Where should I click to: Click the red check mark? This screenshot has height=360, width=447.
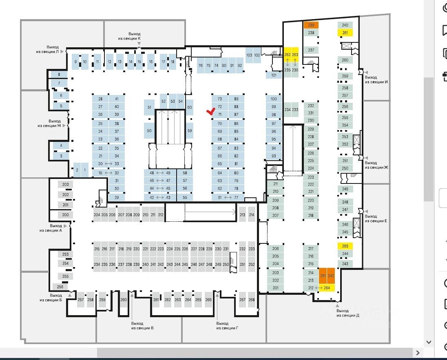(211, 111)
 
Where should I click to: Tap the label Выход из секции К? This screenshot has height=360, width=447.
(134, 36)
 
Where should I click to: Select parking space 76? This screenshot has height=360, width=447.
(200, 66)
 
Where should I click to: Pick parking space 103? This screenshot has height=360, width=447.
(249, 55)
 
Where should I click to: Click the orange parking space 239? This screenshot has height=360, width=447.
(311, 25)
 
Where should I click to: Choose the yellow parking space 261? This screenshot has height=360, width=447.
(345, 33)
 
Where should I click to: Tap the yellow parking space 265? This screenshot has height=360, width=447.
(345, 246)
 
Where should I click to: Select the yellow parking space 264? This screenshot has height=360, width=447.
(327, 288)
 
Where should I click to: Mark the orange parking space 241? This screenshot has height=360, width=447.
(323, 276)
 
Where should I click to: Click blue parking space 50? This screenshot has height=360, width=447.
(149, 130)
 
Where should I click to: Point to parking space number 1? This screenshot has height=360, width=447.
(85, 170)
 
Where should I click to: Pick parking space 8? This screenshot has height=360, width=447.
(59, 75)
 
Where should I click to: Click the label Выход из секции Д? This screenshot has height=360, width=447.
(347, 313)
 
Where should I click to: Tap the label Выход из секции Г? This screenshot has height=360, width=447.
(227, 325)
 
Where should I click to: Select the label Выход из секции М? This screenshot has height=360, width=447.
(55, 123)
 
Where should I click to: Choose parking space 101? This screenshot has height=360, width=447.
(274, 75)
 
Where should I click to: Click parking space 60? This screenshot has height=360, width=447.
(190, 108)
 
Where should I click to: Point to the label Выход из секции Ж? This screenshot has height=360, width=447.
(376, 165)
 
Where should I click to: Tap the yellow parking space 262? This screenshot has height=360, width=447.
(287, 55)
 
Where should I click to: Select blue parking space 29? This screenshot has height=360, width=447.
(117, 198)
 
